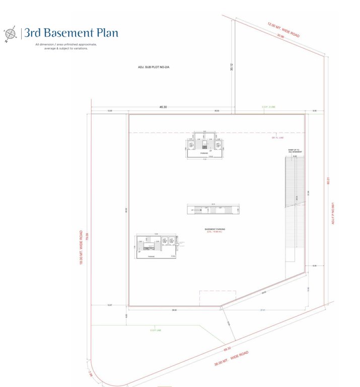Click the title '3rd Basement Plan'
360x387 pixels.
click(x=71, y=33)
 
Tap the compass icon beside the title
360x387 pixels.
click(x=10, y=33)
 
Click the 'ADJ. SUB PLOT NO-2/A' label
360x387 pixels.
click(x=154, y=67)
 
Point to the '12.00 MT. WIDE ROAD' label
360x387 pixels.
click(x=283, y=29)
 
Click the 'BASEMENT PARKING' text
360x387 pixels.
click(x=215, y=229)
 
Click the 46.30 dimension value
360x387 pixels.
click(x=163, y=107)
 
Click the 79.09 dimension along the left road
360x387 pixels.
click(x=87, y=236)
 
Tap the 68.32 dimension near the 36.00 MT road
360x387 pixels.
click(x=228, y=348)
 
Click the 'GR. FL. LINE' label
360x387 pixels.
click(x=278, y=137)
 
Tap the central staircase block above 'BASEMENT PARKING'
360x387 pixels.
click(x=213, y=209)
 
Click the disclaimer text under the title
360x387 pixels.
click(x=66, y=46)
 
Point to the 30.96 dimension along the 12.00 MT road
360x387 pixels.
click(x=279, y=37)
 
